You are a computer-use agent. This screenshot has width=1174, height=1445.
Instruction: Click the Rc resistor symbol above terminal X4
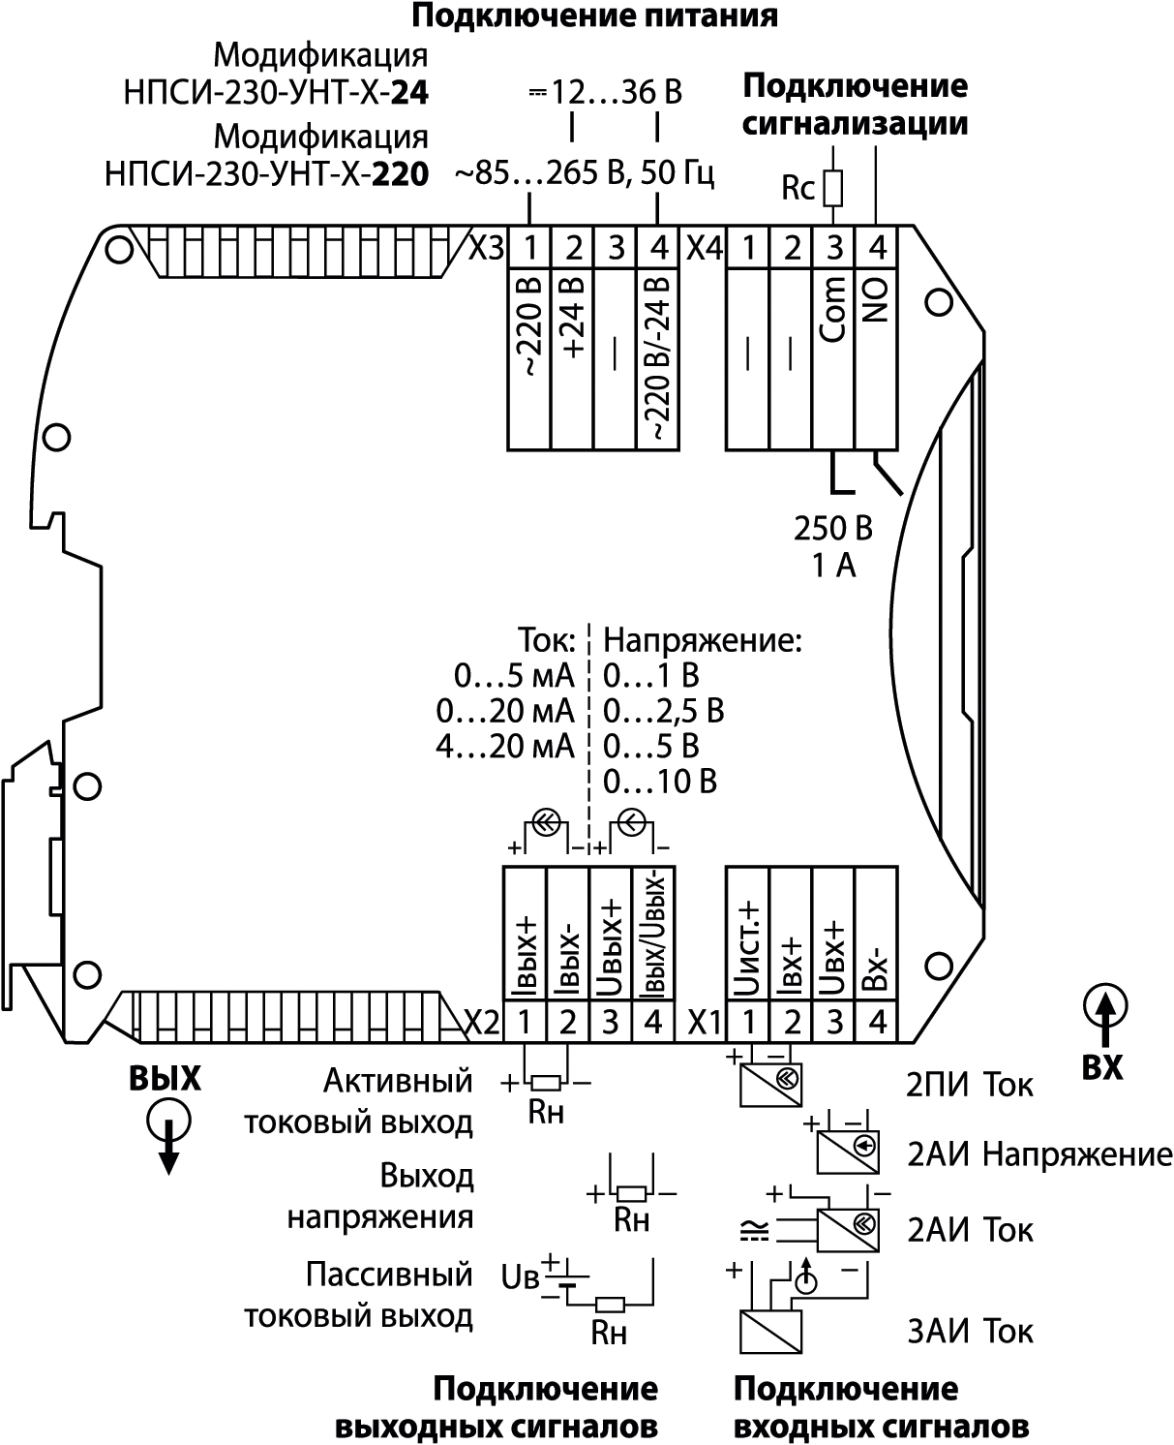833,188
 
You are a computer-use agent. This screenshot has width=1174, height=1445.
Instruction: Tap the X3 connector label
487,248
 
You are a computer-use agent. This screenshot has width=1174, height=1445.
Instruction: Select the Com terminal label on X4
833,309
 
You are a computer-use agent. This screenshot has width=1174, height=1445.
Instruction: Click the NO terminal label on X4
876,302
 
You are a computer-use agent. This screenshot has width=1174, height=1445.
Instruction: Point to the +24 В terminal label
573,316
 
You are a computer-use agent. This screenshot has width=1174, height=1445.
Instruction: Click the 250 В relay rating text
833,529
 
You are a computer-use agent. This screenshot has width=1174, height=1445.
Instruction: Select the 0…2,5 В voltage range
664,711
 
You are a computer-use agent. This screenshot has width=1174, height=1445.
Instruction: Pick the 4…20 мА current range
505,747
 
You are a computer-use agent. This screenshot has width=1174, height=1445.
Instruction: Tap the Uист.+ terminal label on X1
747,949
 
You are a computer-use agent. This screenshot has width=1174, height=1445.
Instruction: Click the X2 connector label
482,1023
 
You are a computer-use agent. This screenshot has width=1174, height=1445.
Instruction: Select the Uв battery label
520,1277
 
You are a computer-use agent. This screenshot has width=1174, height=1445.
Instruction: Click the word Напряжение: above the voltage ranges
703,640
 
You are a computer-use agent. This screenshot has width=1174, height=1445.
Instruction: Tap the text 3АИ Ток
970,1331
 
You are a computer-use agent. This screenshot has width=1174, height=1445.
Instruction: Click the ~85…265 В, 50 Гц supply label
585,173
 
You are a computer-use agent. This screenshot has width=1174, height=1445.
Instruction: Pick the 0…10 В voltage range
660,782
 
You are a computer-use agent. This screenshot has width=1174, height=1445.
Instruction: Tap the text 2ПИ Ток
969,1085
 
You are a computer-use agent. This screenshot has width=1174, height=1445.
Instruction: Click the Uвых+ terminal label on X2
610,948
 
